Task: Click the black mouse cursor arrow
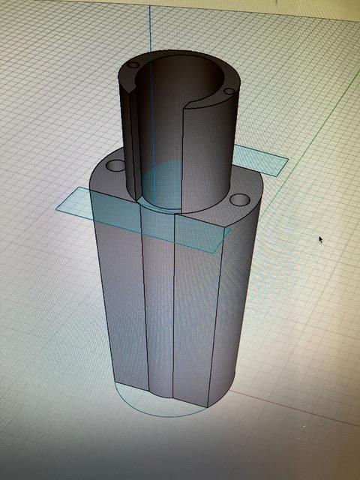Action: click(x=321, y=239)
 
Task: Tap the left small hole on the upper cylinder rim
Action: click(x=133, y=66)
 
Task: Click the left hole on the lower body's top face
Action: click(x=115, y=165)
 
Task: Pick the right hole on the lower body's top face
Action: click(x=239, y=200)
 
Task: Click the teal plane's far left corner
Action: click(x=57, y=208)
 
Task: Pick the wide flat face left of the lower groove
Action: click(x=124, y=292)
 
